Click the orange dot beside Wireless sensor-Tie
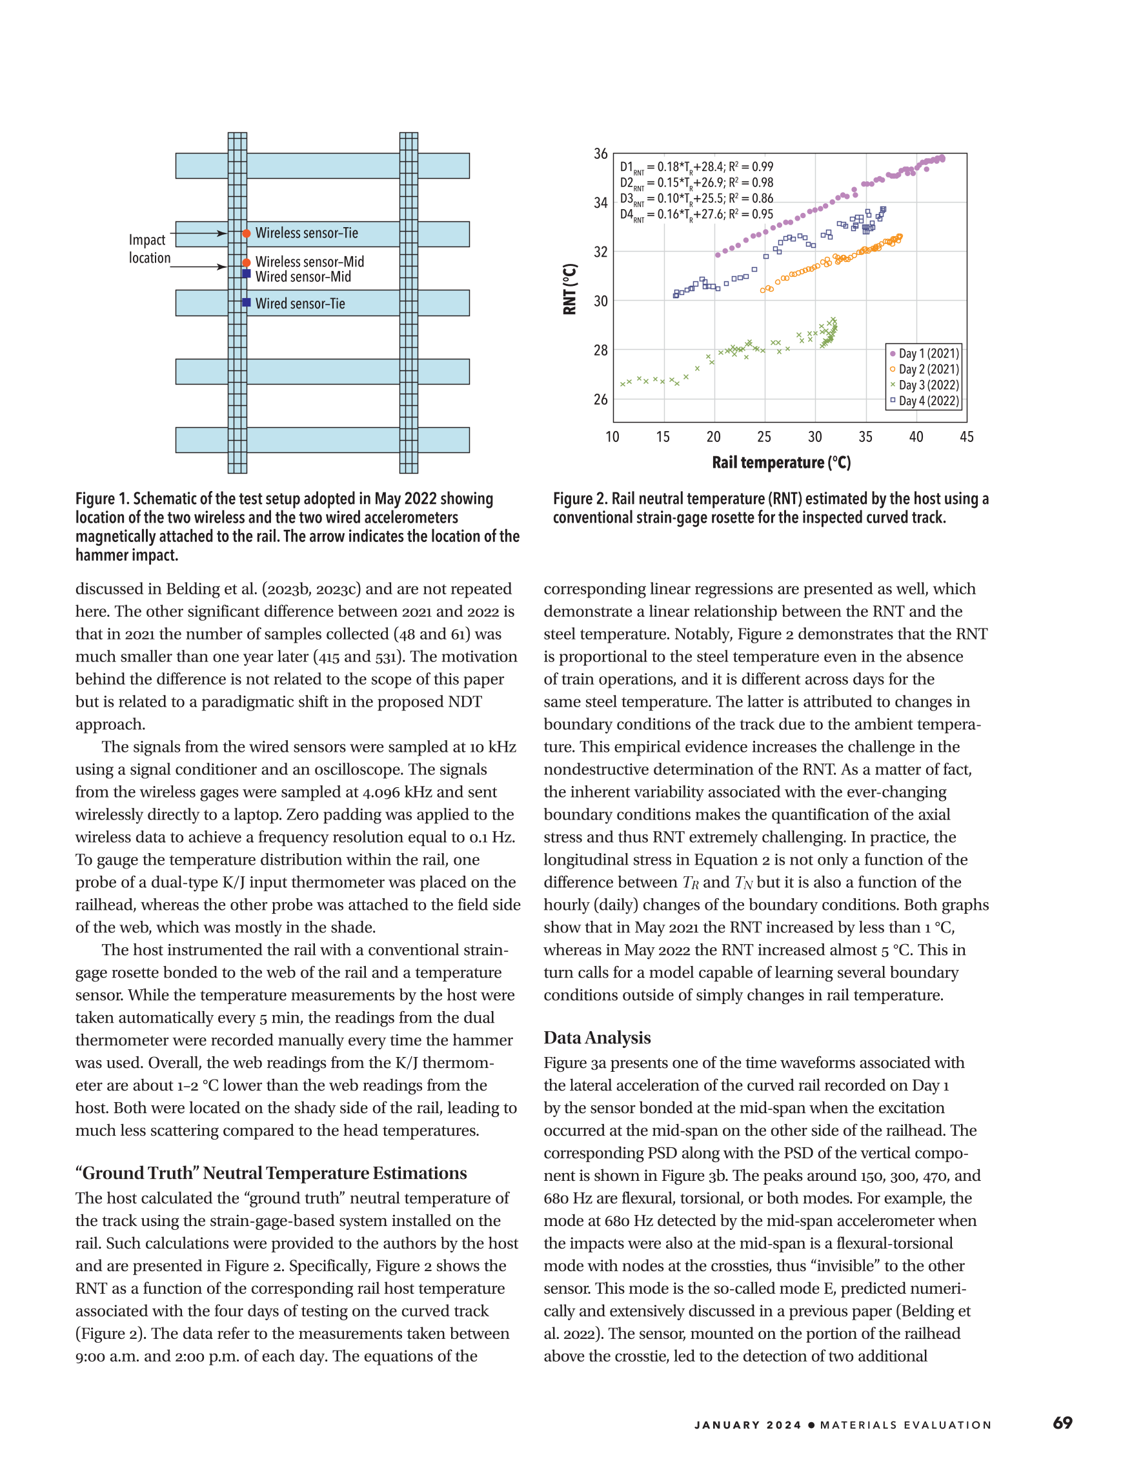click(x=247, y=233)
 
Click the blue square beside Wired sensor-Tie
click(x=247, y=303)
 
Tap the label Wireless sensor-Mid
click(x=309, y=261)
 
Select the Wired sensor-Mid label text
click(x=303, y=277)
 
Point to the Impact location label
click(x=149, y=248)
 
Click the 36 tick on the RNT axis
click(x=600, y=154)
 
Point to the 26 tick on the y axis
click(x=600, y=399)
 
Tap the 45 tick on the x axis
click(x=967, y=437)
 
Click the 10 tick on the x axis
click(x=612, y=437)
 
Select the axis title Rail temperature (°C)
click(x=781, y=463)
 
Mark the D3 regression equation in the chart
click(x=696, y=199)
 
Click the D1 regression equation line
click(x=696, y=166)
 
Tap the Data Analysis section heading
click(x=597, y=1038)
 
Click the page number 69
click(x=1063, y=1422)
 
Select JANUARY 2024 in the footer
click(x=748, y=1425)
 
